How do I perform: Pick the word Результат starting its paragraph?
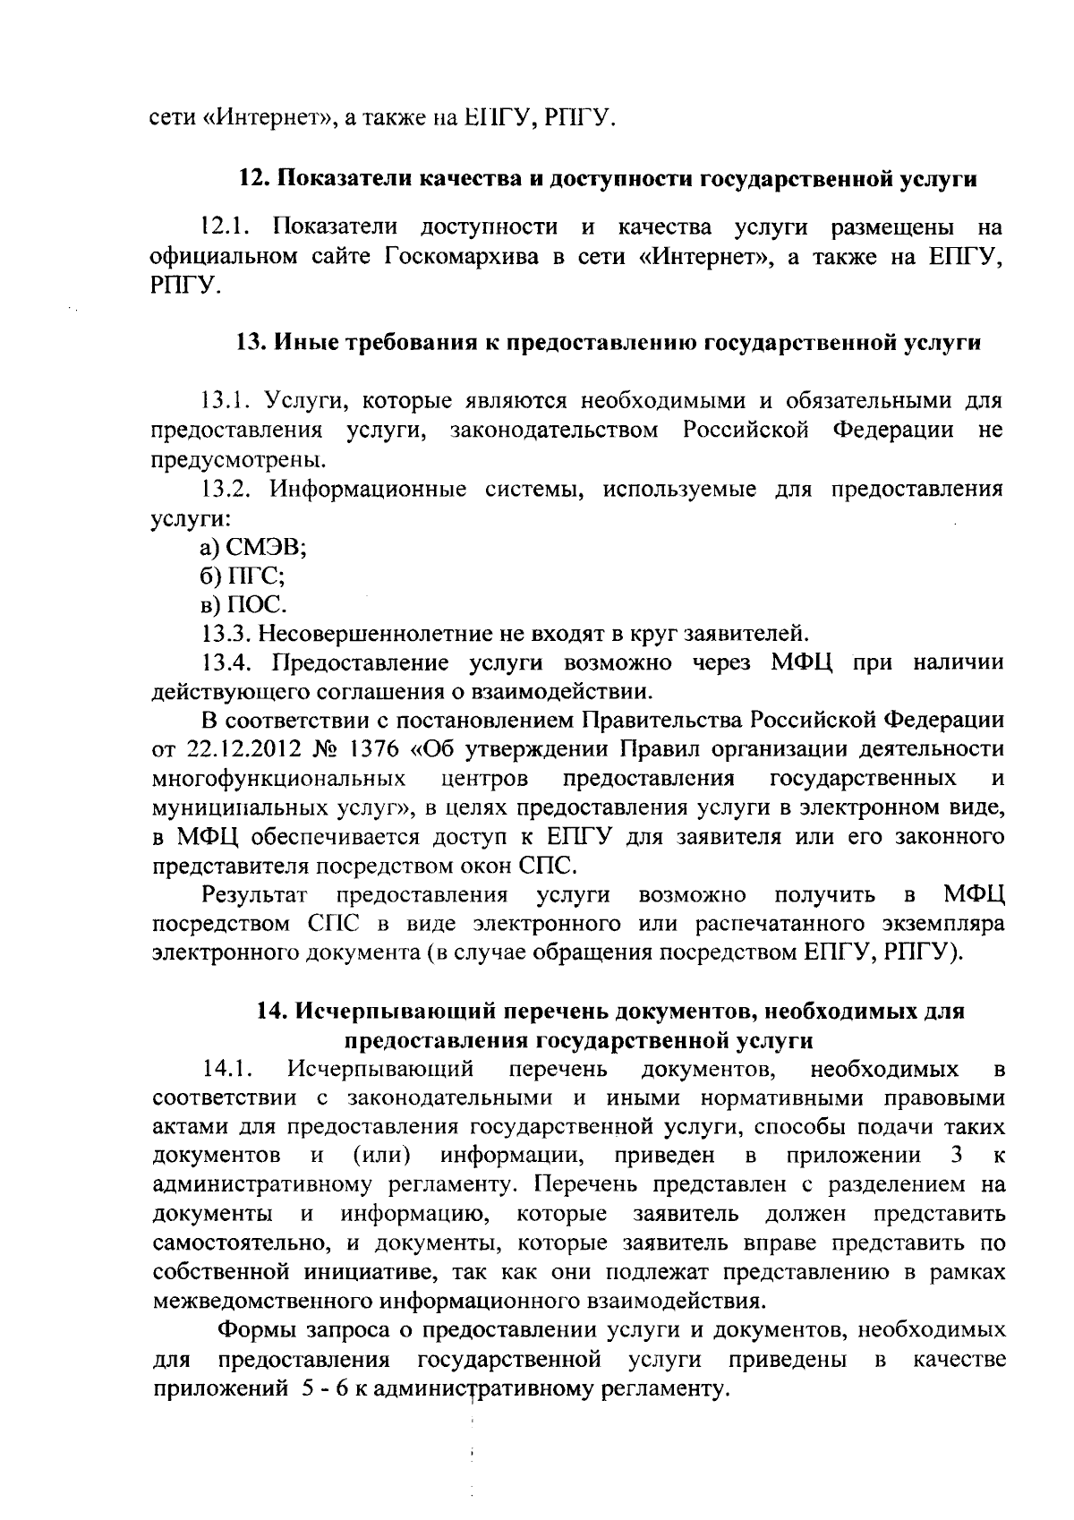pos(255,894)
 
